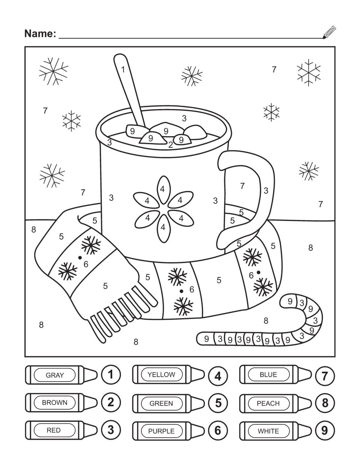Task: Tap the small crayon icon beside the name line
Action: [329, 32]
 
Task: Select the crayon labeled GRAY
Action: [61, 375]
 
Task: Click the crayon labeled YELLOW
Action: [168, 375]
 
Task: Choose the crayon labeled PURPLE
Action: [168, 431]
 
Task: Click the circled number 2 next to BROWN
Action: [111, 402]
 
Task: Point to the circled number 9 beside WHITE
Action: [325, 431]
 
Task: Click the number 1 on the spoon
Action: [123, 69]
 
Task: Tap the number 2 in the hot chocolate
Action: [171, 145]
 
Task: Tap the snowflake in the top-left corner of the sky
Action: [53, 71]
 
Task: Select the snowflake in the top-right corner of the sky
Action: [308, 72]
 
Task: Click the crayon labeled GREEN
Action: [168, 403]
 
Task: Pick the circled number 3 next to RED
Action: [111, 430]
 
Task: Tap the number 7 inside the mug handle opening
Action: [242, 186]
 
